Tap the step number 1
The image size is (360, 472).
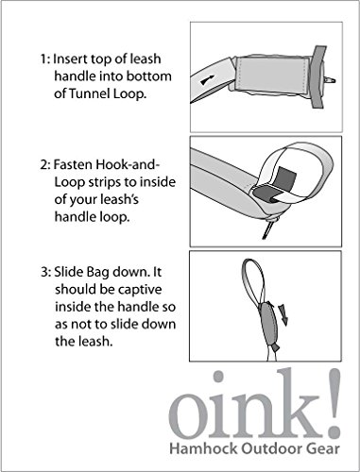[44, 59]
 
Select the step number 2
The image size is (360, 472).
[44, 165]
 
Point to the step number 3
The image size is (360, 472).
[45, 272]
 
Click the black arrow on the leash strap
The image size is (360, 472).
[207, 80]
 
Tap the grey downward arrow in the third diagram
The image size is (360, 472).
[283, 314]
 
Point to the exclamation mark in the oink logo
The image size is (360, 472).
[333, 403]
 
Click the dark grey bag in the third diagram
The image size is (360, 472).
[267, 324]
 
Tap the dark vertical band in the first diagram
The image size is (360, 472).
[318, 76]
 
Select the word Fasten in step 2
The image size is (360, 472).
[73, 164]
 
